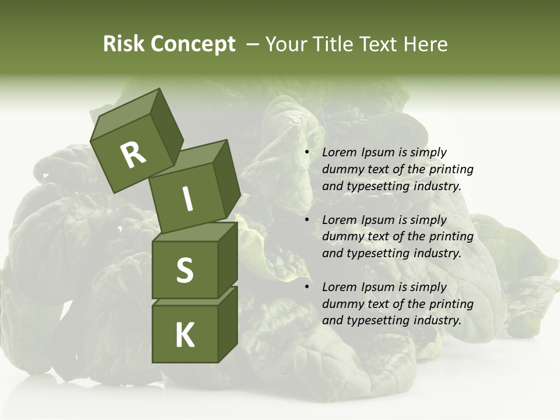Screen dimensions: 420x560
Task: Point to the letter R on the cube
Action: point(133,155)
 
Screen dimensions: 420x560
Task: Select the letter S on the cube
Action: point(184,271)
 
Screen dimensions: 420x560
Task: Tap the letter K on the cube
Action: point(184,335)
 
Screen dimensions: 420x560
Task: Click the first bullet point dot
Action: point(307,152)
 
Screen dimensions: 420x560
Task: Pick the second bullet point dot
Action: point(307,220)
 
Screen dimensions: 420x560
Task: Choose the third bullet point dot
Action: point(307,287)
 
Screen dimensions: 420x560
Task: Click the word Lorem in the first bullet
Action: point(338,152)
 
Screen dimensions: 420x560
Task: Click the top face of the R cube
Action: point(125,117)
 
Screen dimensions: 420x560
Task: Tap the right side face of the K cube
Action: point(228,327)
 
